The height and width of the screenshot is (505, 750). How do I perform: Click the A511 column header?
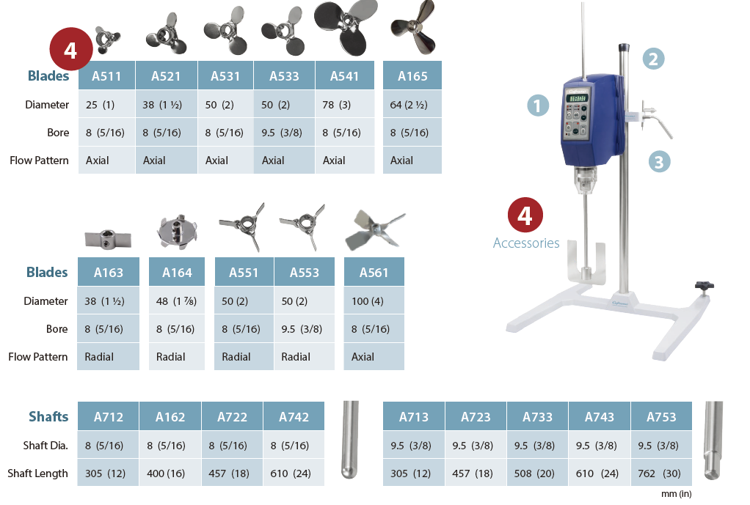coord(106,75)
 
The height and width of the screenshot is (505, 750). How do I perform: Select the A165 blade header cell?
coord(412,75)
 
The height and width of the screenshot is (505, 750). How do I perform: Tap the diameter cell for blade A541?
coord(345,104)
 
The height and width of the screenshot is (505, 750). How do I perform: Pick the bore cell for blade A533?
coord(284,133)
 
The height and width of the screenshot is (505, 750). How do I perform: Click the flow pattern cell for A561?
coord(374,356)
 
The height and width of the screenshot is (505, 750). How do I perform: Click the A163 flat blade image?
coord(108,238)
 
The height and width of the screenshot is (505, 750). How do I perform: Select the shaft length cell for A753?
coord(661,473)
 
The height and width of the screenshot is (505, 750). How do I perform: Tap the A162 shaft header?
coord(170,416)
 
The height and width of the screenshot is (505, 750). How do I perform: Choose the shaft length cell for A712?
coord(108,473)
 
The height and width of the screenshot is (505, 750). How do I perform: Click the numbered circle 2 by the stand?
coord(653,59)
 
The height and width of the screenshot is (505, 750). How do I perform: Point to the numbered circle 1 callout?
coord(538,106)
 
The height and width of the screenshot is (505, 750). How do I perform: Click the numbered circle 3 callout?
coord(659,161)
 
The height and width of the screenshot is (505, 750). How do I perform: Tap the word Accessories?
coord(526,243)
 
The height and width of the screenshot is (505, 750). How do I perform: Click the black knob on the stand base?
coord(704,286)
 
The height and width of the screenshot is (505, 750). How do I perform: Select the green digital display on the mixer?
coord(578,98)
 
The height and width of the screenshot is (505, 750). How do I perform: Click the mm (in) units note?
coord(677,494)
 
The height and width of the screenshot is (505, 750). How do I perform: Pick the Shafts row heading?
coord(48,416)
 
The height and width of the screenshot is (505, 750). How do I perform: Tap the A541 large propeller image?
coord(346,26)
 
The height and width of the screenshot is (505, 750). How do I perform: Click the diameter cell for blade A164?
coord(177,301)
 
